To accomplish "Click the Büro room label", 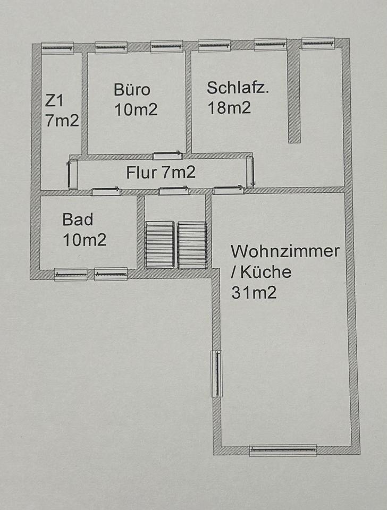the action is [x=132, y=89].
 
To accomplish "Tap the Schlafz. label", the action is [x=238, y=88].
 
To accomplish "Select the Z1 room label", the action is [x=54, y=100].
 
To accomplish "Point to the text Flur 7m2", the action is [x=161, y=172].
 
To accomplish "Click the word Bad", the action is [x=78, y=219].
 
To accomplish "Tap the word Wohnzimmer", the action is [x=285, y=251].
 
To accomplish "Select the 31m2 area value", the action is [x=254, y=292].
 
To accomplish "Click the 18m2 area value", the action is [x=229, y=108].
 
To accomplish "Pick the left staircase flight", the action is [x=159, y=245].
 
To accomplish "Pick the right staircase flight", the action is [x=192, y=245].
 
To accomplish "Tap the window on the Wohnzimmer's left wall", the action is [x=216, y=373].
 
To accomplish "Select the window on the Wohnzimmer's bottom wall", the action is [x=283, y=450].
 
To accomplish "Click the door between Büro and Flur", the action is [x=167, y=156].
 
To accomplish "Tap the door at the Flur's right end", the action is [x=250, y=172].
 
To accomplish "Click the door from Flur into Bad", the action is [x=106, y=191].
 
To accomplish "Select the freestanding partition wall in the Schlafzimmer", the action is [x=294, y=98].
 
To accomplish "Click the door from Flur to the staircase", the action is [x=174, y=190].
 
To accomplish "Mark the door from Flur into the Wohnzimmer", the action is [x=229, y=190].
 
